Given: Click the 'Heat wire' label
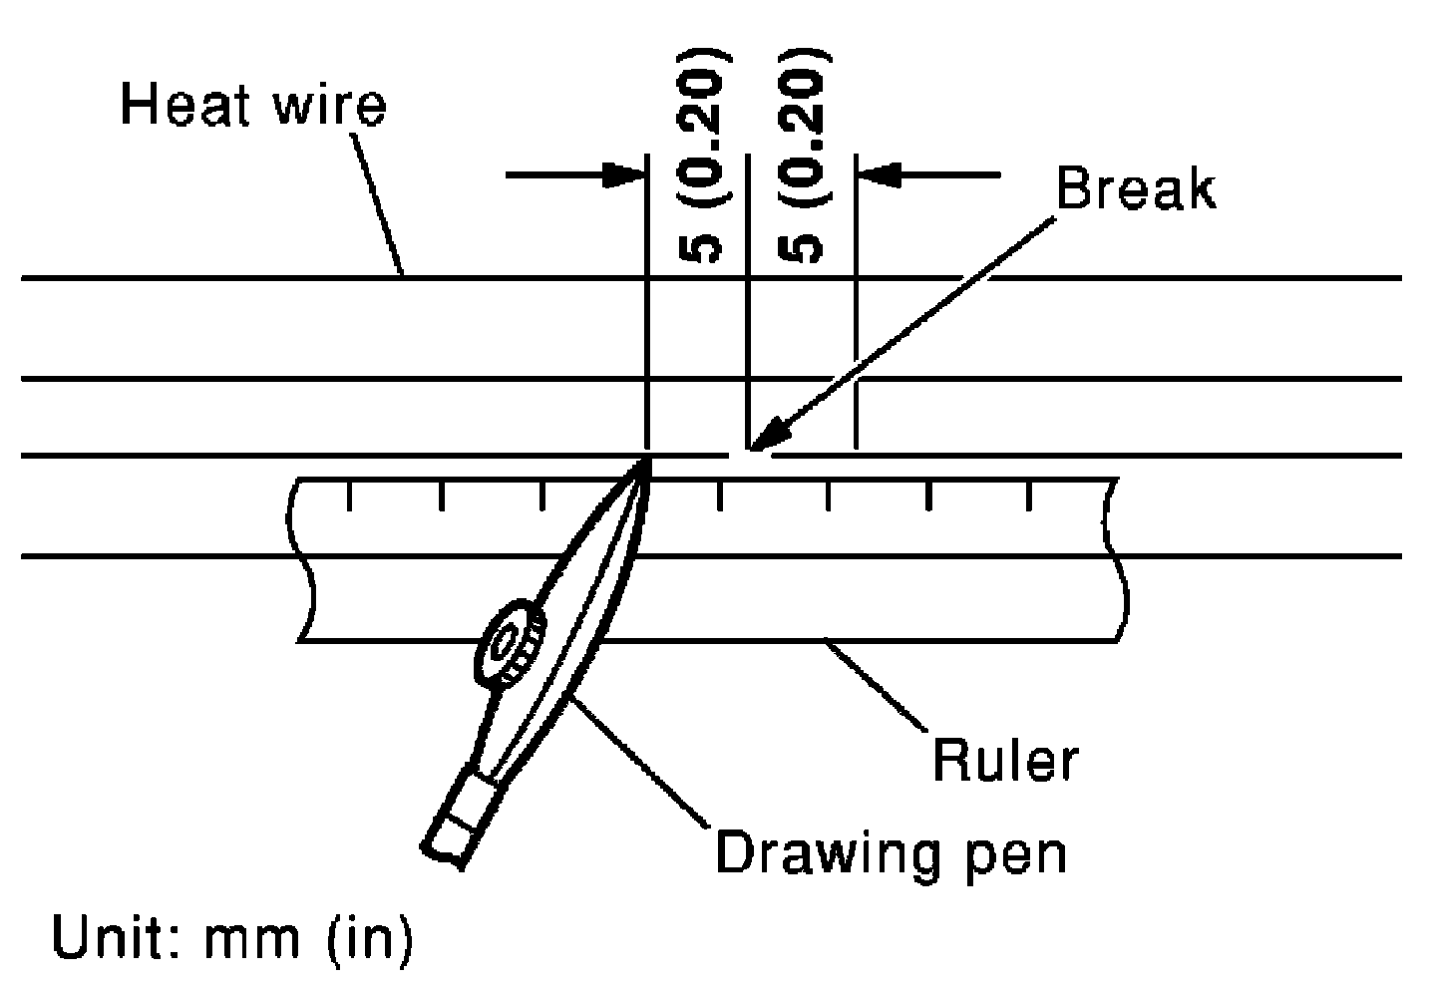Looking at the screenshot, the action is coord(254,105).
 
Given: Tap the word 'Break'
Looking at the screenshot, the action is coord(1135,187).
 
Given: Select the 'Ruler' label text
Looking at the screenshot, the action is coord(1005,760).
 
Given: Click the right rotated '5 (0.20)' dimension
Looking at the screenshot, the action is coord(804,156).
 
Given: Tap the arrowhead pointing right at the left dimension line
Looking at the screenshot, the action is coord(623,174).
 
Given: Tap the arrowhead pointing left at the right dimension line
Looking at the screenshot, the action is coord(880,174).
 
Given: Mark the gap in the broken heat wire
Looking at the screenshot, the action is coord(750,456).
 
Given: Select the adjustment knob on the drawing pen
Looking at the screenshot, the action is coord(510,643).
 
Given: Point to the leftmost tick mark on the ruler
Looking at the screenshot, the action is coord(349,496).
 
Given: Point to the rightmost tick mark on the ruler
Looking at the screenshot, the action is coord(1029,496).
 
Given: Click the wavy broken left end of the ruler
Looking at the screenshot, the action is coord(301,559).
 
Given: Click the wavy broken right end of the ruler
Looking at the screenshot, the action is coord(1116,559).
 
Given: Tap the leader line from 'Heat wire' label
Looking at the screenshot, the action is coord(377,203).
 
